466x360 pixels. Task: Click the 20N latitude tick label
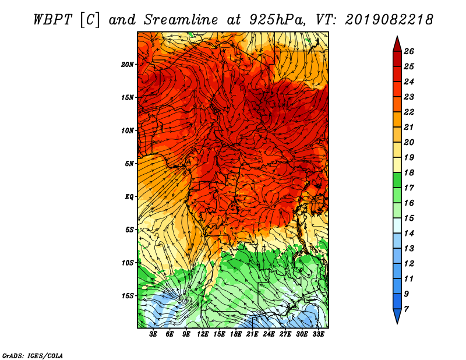pos(128,64)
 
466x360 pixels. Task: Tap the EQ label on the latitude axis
pos(129,196)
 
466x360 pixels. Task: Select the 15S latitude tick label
pos(128,296)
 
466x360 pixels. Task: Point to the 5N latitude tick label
pos(129,164)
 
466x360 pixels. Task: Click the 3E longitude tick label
pos(153,334)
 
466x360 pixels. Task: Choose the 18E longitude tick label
pos(235,334)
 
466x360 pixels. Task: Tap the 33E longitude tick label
pos(318,334)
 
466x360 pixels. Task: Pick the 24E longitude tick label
pos(269,334)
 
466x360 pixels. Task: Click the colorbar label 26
pos(409,51)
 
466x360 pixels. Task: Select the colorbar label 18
pos(409,172)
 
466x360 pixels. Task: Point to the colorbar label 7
pos(406,309)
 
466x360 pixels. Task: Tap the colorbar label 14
pos(409,234)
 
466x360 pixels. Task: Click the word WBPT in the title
pos(52,20)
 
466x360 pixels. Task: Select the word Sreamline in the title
pos(181,20)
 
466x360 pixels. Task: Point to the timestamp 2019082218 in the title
pos(389,20)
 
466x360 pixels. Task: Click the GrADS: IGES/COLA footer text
pos(33,355)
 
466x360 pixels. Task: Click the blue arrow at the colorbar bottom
pos(397,315)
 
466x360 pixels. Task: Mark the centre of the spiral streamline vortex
pos(186,301)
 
